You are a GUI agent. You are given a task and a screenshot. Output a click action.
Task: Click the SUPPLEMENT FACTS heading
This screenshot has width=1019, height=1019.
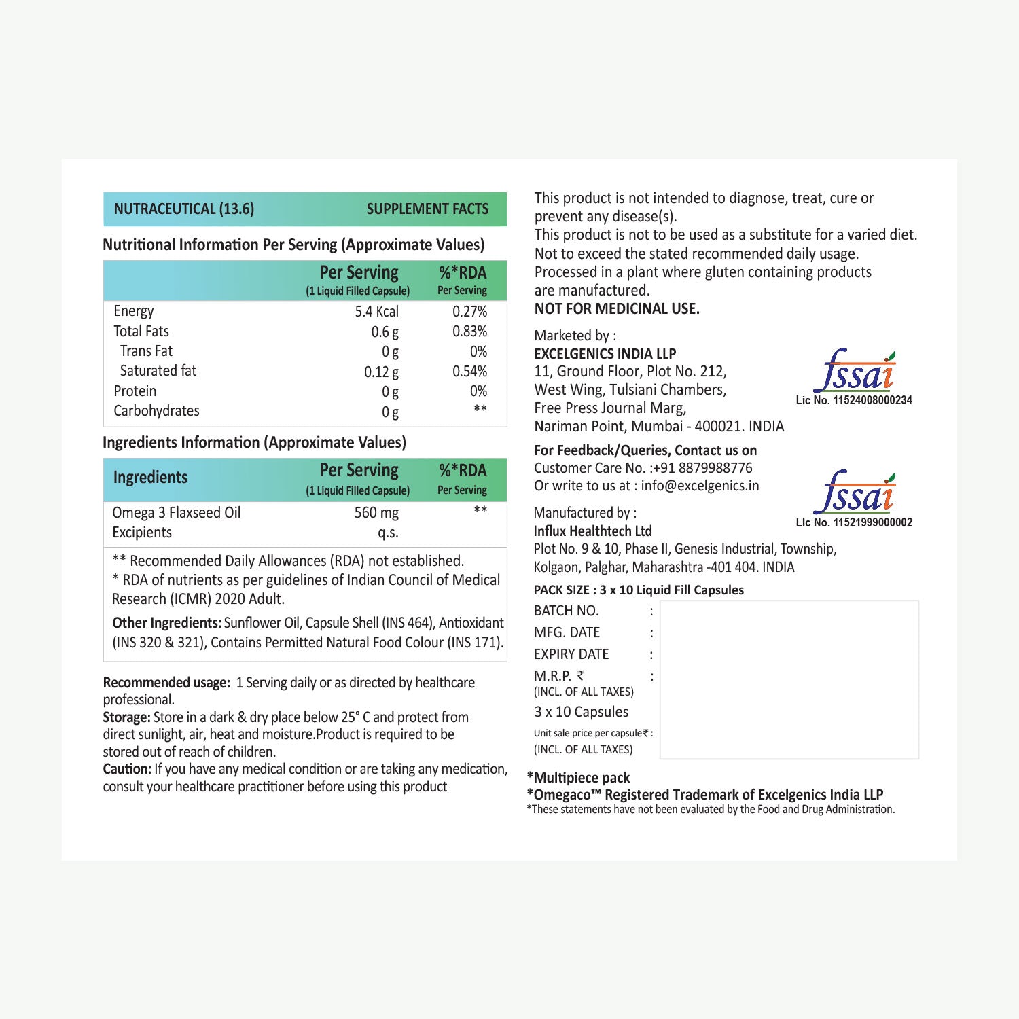(427, 209)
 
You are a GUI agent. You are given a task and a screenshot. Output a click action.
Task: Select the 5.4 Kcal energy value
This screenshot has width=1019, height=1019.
(376, 312)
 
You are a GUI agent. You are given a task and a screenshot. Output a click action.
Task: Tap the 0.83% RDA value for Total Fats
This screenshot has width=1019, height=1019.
(469, 332)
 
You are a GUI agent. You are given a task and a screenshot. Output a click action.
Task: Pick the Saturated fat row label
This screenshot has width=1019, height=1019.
(158, 371)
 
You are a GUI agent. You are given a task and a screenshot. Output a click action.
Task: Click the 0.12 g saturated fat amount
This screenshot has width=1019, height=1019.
(381, 372)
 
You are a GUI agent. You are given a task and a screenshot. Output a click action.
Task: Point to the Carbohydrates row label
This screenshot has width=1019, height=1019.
(156, 411)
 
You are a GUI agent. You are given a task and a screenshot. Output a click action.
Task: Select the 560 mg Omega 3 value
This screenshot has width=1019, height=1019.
(376, 513)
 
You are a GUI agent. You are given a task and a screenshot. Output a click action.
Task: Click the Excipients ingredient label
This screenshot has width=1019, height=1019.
(142, 533)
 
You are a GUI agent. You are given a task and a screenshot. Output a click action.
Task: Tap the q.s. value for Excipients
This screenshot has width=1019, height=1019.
(388, 533)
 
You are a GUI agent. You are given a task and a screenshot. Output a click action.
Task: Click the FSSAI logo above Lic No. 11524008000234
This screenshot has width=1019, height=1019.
(854, 372)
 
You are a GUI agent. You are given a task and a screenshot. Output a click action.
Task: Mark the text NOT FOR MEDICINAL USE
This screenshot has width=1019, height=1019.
(617, 309)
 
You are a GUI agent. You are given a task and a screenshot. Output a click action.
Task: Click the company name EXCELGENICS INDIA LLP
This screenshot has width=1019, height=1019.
(605, 354)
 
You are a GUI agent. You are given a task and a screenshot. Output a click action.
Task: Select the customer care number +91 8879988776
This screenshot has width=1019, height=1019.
(702, 468)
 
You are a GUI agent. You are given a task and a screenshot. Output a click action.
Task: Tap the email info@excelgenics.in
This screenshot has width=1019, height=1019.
(700, 486)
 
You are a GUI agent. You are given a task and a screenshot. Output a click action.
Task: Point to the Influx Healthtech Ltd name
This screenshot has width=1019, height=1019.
(592, 531)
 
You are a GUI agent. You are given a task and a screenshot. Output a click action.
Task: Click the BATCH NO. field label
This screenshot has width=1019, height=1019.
(566, 611)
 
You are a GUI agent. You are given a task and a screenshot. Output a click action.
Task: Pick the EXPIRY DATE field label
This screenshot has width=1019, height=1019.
(571, 654)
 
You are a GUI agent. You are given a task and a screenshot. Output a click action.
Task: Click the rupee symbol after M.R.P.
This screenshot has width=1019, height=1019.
(580, 676)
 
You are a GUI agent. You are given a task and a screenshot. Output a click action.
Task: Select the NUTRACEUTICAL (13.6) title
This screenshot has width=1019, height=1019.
(184, 209)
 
